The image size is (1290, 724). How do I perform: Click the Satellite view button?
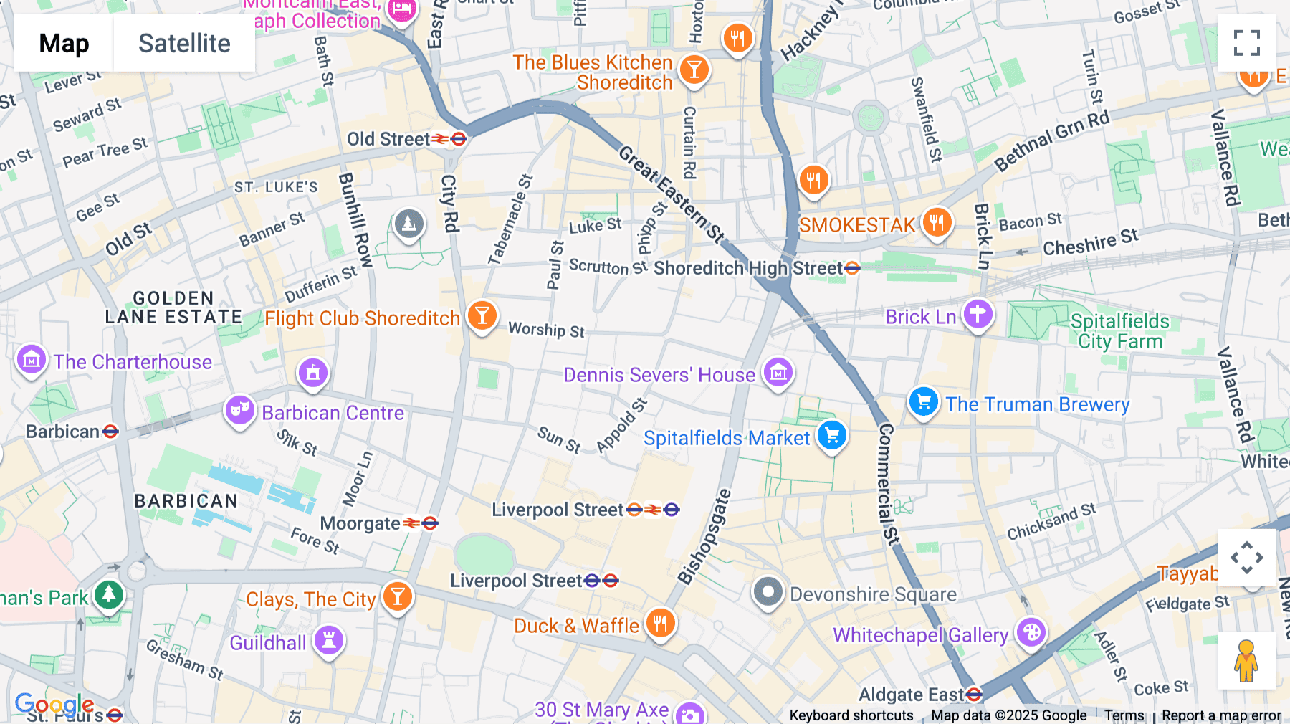pyautogui.click(x=184, y=44)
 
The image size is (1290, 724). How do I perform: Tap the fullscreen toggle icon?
pyautogui.click(x=1246, y=43)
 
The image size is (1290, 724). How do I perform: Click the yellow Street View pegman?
pyautogui.click(x=1246, y=661)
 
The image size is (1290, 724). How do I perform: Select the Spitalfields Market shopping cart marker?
pyautogui.click(x=831, y=434)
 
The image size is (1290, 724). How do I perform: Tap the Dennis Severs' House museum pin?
pyautogui.click(x=778, y=372)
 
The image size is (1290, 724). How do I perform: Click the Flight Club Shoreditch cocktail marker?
pyautogui.click(x=482, y=315)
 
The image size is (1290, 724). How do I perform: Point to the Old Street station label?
pyautogui.click(x=388, y=139)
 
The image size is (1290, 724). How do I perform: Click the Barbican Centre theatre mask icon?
pyautogui.click(x=239, y=410)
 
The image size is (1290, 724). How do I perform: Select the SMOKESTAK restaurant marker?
pyautogui.click(x=937, y=222)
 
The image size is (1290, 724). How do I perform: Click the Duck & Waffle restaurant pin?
pyautogui.click(x=660, y=623)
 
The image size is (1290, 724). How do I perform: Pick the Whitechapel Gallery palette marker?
pyautogui.click(x=1031, y=632)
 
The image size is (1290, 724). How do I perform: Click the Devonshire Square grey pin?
pyautogui.click(x=768, y=592)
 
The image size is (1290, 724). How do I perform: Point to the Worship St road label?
pyautogui.click(x=546, y=330)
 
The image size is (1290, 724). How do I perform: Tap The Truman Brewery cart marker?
pyautogui.click(x=923, y=401)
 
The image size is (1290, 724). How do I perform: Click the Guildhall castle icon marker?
pyautogui.click(x=329, y=639)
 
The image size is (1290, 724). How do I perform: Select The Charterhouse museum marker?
pyautogui.click(x=32, y=360)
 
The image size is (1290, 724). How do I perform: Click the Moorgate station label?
pyautogui.click(x=360, y=524)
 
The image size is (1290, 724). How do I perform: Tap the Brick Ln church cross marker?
pyautogui.click(x=978, y=314)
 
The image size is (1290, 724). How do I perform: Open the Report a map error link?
pyautogui.click(x=1220, y=715)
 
